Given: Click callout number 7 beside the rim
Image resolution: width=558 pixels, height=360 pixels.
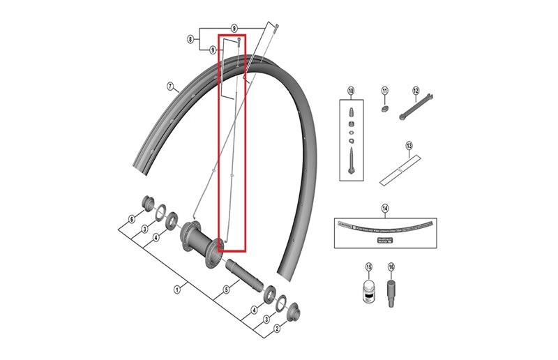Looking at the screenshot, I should [169, 87].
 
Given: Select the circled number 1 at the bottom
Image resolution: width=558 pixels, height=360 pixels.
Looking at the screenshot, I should [177, 289].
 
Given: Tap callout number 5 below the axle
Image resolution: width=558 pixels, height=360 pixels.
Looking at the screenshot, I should [226, 290].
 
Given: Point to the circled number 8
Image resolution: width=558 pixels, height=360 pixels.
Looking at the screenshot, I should [190, 40].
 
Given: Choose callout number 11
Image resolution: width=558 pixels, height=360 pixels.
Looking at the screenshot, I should [384, 91].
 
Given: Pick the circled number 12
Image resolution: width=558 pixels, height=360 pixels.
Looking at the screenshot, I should [415, 91].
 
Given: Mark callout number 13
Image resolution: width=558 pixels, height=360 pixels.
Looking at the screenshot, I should [409, 147].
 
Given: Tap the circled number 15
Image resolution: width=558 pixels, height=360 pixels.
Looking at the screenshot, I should [370, 267].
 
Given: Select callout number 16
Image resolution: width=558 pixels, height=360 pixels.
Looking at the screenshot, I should [391, 267].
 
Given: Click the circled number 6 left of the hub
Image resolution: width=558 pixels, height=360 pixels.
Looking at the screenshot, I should [130, 219].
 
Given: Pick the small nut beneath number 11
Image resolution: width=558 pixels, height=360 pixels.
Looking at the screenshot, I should [384, 109].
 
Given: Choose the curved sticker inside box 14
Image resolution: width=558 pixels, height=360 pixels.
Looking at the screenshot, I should [384, 227].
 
